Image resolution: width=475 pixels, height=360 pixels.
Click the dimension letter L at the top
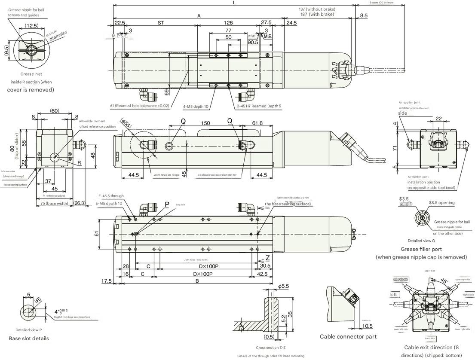pos(234,3)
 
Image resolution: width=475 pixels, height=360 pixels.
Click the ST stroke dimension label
pos(161,23)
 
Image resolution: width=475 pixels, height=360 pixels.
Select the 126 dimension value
pos(228,23)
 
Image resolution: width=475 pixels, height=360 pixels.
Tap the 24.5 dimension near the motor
pos(291,23)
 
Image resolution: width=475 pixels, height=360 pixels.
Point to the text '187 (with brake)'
pos(317,15)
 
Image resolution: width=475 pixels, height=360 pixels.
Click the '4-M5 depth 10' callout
pos(196,106)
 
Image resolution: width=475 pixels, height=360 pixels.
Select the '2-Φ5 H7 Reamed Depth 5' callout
pos(259,106)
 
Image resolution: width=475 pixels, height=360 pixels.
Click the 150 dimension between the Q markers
pos(205,123)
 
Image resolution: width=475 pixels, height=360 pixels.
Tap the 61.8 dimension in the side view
pos(257,123)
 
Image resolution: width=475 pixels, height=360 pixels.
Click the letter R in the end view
pos(80,163)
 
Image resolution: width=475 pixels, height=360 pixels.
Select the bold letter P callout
pos(167,204)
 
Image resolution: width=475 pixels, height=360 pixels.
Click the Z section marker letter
pos(267,258)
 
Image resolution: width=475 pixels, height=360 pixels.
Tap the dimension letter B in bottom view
pos(197,281)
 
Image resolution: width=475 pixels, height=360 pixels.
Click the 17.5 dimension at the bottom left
pos(107,281)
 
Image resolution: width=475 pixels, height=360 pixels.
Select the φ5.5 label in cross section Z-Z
pos(283,286)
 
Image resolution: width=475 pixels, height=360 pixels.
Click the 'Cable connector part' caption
pos(348,336)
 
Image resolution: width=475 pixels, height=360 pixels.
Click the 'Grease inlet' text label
pos(31,74)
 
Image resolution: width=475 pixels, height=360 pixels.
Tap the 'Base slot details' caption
pos(29,339)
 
